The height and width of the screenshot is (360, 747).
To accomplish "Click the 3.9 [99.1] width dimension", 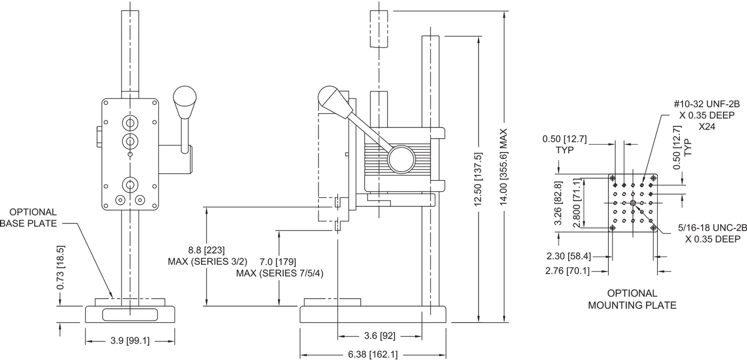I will (130, 341).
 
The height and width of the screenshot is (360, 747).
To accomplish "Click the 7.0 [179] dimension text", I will (277, 261).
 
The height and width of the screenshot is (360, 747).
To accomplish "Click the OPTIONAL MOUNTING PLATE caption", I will (632, 299).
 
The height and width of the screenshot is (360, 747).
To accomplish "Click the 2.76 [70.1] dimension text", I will (567, 270).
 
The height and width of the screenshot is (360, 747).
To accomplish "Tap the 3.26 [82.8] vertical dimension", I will (558, 204).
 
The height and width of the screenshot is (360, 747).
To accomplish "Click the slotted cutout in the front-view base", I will (130, 315).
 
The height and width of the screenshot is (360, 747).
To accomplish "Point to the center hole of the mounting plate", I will (633, 203).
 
